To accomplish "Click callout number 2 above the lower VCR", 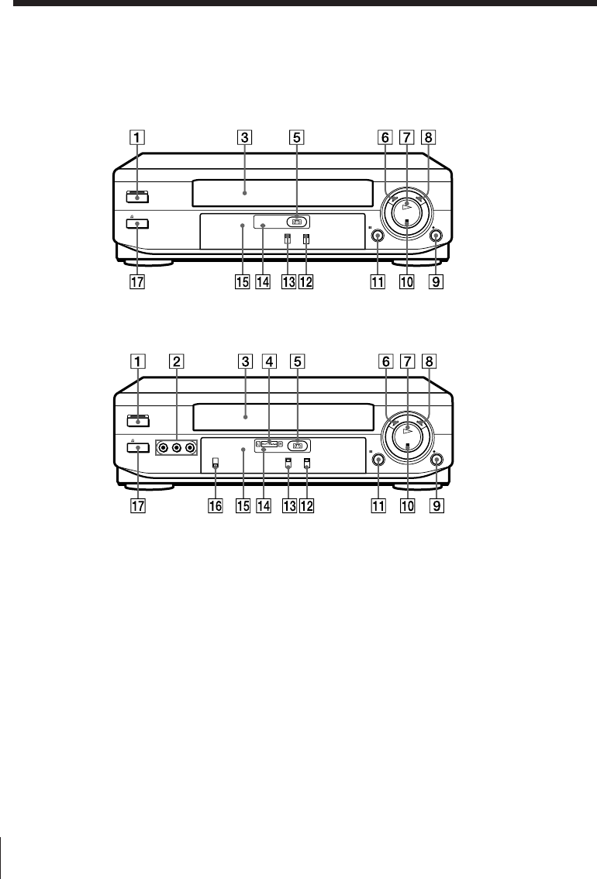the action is [177, 361].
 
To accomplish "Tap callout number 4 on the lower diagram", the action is [269, 361].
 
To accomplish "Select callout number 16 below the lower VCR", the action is [216, 505].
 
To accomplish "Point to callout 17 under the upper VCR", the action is [136, 281].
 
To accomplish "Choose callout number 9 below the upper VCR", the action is [436, 281].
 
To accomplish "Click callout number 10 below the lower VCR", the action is [407, 505].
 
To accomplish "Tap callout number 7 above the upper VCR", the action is [407, 137].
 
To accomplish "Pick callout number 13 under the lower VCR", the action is [288, 505].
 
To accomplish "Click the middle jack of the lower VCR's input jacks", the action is [177, 447].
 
